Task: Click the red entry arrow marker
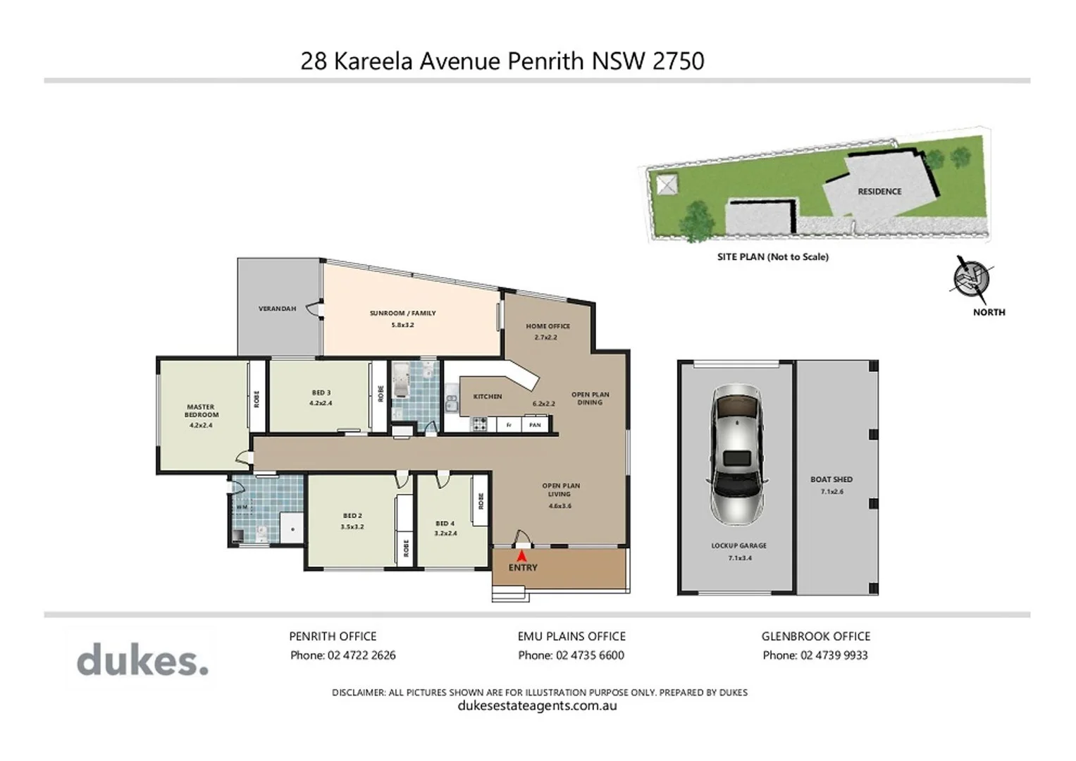tap(521, 555)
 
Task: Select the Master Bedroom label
tap(201, 411)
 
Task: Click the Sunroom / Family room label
tap(402, 313)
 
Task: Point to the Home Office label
tap(548, 326)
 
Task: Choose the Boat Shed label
tap(831, 479)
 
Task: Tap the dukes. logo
tap(142, 661)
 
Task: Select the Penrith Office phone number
tap(361, 655)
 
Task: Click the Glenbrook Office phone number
tap(834, 655)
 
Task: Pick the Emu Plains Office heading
tap(571, 636)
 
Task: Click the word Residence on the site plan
tap(879, 192)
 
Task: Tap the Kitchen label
tap(488, 397)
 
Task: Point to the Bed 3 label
tap(321, 392)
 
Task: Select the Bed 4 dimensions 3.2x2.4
tap(445, 533)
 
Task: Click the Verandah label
tap(277, 309)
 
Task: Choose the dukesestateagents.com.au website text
tap(537, 705)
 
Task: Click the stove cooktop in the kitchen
tap(479, 423)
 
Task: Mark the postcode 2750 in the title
tap(678, 61)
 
